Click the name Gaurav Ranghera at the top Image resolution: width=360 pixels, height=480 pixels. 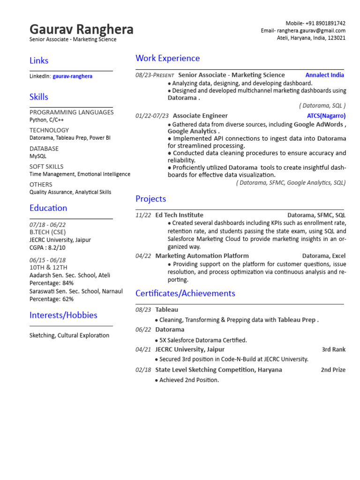tap(81, 30)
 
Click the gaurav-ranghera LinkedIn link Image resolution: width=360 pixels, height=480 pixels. tap(72, 76)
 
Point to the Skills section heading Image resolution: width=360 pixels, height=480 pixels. tap(39, 97)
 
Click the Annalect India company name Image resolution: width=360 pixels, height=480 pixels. tap(324, 75)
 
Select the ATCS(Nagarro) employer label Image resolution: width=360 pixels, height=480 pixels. tap(326, 116)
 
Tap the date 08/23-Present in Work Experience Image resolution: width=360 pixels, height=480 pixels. tap(155, 75)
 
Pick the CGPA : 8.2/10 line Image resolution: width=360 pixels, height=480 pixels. tap(47, 247)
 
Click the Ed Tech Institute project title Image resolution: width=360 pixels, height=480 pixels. tap(179, 215)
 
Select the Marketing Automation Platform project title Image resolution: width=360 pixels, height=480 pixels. tap(202, 256)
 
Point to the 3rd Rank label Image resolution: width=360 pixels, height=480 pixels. tap(333, 349)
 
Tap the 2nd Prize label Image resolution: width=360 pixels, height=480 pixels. tap(333, 370)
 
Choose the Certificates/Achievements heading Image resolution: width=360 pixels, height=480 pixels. tap(185, 293)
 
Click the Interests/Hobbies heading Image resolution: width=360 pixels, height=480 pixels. tap(63, 315)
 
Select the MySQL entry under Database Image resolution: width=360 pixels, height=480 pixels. tap(38, 156)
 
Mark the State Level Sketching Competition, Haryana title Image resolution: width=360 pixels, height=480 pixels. tap(218, 370)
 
